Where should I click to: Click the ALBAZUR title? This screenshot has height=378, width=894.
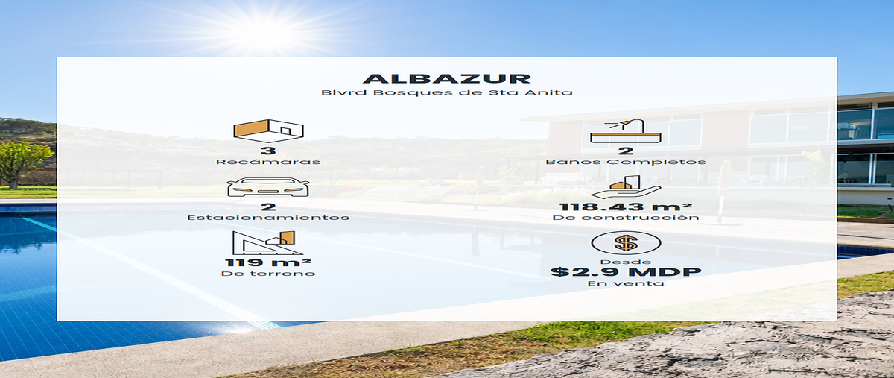[447, 78]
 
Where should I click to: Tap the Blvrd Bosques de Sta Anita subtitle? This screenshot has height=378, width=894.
[447, 92]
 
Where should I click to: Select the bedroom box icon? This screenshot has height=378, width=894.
[268, 130]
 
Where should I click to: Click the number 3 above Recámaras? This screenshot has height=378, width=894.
[268, 151]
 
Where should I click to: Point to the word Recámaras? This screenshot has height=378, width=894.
[268, 162]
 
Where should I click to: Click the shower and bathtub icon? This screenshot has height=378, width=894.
[625, 130]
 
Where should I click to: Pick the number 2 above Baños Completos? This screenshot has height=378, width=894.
[626, 151]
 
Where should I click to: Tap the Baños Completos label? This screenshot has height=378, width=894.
[626, 162]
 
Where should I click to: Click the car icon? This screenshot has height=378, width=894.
[268, 187]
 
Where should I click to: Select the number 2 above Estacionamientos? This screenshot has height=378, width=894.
[268, 207]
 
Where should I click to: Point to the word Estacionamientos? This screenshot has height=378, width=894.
[268, 218]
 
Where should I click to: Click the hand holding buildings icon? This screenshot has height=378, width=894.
[625, 187]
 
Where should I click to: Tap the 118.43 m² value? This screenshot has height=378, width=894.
[626, 207]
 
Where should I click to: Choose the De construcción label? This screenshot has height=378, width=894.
[626, 218]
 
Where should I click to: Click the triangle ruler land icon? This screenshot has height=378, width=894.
[268, 242]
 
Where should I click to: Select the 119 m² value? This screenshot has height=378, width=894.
[268, 262]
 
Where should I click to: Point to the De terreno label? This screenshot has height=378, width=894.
[268, 274]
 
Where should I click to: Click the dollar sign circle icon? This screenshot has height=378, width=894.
[626, 242]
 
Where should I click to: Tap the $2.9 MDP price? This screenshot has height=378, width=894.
[626, 271]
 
